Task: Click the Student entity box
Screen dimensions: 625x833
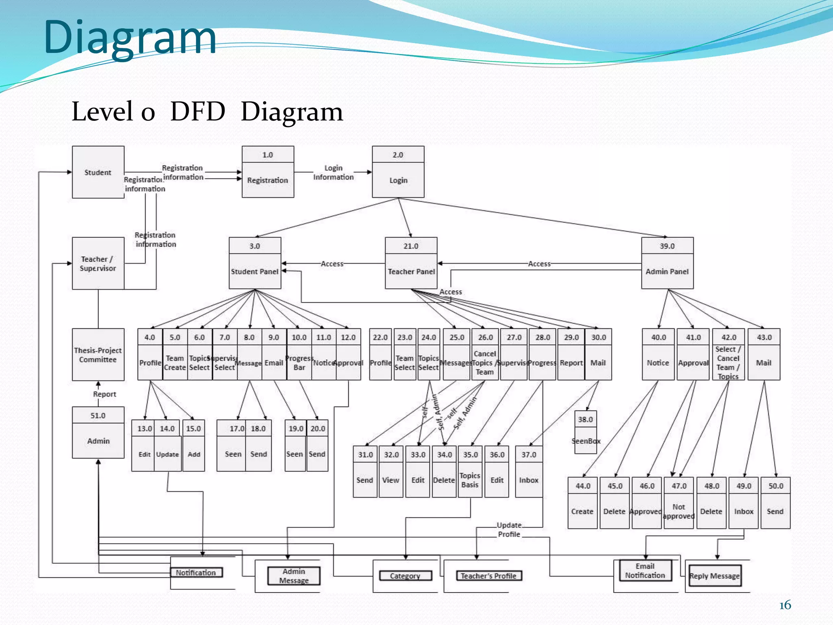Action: tap(98, 172)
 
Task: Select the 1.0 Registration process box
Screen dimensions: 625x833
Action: tap(268, 172)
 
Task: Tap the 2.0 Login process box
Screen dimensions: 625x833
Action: tap(398, 172)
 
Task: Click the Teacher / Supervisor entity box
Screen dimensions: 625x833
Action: tap(98, 263)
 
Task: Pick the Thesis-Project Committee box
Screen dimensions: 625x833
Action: tap(98, 354)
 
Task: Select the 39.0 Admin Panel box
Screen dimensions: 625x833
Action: tap(667, 263)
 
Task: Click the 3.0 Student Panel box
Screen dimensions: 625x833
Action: tap(255, 263)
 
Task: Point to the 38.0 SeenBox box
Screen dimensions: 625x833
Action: tap(586, 432)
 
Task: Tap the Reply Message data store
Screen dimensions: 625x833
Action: tap(715, 576)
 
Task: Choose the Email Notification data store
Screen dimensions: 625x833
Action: tap(645, 570)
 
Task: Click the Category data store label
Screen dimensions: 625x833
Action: tap(405, 576)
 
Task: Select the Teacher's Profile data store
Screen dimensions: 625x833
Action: tap(488, 576)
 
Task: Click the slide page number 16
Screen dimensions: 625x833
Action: tap(785, 605)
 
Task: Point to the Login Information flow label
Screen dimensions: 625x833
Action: tap(333, 173)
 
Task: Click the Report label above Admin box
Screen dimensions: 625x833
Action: tap(105, 394)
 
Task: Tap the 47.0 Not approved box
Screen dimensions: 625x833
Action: tap(678, 503)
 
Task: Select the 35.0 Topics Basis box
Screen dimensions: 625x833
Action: tap(470, 472)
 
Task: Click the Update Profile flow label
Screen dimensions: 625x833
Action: tap(509, 530)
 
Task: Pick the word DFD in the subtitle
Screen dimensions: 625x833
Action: tap(198, 111)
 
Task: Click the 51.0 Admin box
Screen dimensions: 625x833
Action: tap(98, 433)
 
